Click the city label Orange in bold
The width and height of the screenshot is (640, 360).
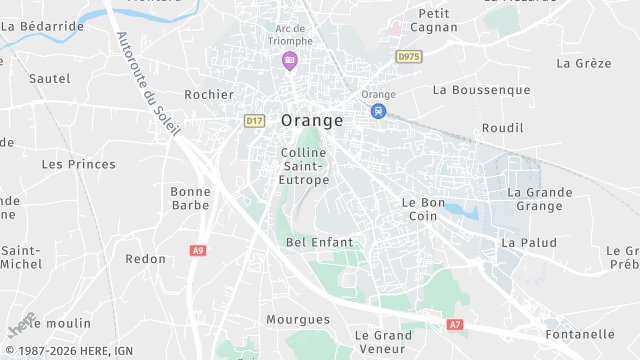click(312, 120)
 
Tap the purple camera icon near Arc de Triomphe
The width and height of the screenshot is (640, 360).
click(290, 61)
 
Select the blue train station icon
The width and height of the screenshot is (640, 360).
click(378, 111)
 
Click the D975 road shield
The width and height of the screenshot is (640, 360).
click(408, 57)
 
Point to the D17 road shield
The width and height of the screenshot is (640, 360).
click(254, 121)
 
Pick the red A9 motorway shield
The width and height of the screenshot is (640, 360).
click(198, 250)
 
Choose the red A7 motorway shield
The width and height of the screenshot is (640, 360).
click(455, 325)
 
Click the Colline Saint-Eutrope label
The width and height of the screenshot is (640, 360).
click(305, 166)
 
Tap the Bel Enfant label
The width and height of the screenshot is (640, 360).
click(319, 242)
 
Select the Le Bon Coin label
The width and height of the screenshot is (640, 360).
click(422, 208)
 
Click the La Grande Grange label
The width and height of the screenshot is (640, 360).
click(539, 199)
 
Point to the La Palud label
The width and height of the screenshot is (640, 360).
click(528, 242)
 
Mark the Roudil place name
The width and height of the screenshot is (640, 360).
click(502, 128)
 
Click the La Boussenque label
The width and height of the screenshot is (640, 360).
click(481, 90)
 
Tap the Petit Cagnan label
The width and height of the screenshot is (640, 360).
click(435, 22)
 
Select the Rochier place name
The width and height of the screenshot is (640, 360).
click(208, 95)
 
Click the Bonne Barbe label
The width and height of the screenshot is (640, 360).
click(190, 198)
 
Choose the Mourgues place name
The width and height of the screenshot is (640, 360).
click(297, 320)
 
